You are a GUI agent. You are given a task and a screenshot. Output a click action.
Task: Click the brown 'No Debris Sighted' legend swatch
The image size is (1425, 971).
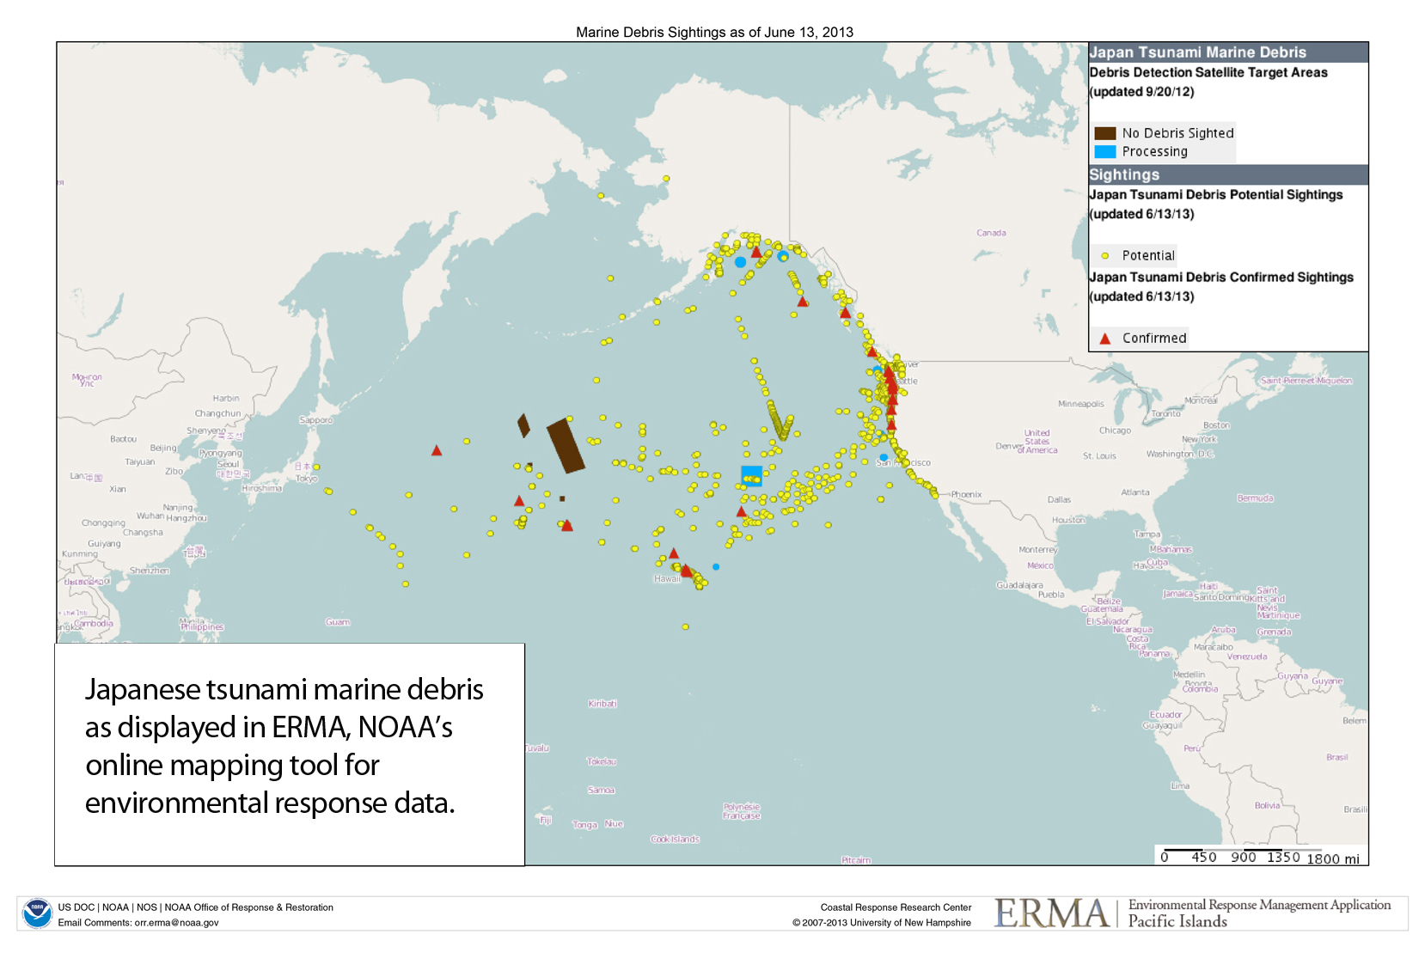point(1104,133)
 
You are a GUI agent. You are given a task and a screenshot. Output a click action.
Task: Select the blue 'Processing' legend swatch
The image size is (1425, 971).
point(1104,152)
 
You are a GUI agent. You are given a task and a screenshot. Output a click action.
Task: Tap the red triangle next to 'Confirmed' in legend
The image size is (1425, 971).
point(1104,339)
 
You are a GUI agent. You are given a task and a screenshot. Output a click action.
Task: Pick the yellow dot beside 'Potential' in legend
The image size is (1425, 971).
point(1104,256)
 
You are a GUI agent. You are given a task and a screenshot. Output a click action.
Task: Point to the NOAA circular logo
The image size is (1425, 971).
point(37,913)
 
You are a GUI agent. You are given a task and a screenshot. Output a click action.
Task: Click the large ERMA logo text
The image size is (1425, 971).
point(1051,913)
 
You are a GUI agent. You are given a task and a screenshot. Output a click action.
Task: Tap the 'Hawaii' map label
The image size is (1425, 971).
point(667,579)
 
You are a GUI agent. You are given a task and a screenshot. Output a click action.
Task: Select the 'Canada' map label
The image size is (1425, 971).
point(991,233)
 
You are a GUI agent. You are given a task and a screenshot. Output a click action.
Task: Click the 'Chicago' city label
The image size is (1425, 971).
point(1115,431)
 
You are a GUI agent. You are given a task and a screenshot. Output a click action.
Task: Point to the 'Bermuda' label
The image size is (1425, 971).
point(1255,498)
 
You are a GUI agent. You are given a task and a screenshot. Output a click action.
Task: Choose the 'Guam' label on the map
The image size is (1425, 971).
point(338,622)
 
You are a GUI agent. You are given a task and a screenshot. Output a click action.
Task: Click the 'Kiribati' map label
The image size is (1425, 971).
point(602,704)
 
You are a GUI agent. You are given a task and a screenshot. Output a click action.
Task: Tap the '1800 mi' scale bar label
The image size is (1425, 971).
point(1332,858)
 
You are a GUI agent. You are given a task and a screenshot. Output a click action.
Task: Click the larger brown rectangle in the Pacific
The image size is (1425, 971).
point(566,445)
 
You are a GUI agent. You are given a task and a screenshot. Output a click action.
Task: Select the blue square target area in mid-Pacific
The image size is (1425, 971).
point(751,475)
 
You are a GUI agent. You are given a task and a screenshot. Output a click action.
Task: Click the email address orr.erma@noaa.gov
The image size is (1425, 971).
point(176,923)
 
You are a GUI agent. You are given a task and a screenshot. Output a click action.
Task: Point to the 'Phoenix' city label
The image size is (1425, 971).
point(966,495)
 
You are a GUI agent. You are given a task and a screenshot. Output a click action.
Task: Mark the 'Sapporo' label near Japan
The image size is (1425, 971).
point(315,420)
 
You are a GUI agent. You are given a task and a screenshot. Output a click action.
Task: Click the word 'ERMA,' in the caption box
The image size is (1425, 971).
point(309,728)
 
